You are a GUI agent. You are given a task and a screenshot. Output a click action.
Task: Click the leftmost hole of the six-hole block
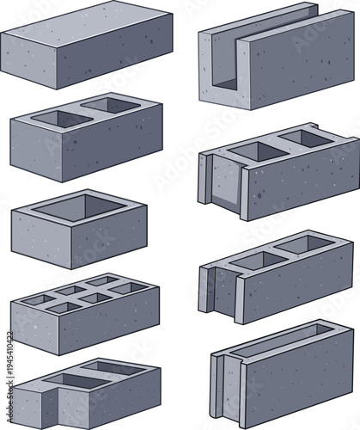click(39, 299)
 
